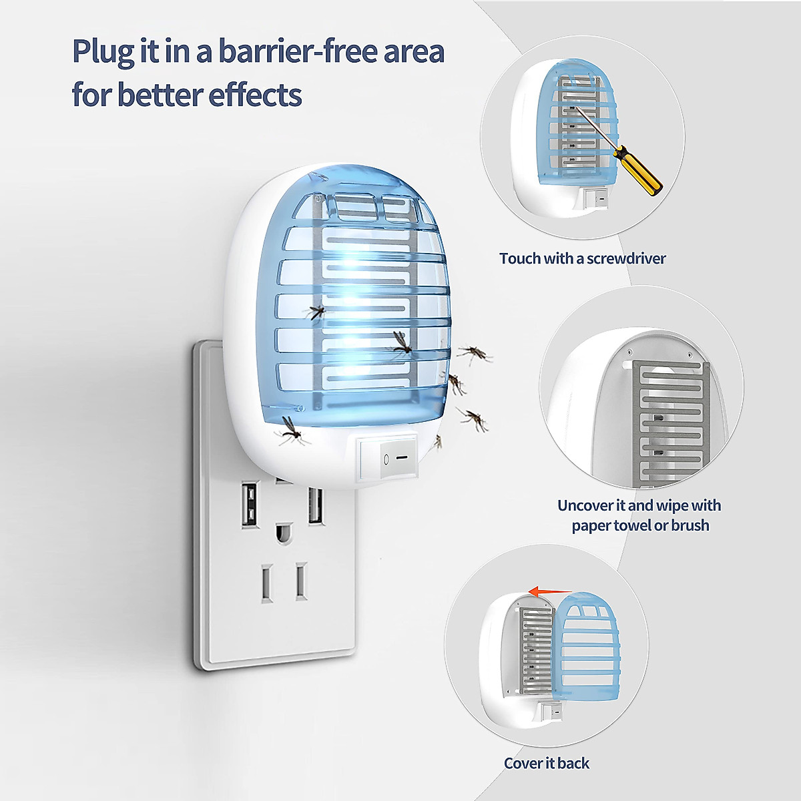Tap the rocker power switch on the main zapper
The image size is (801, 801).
(x=386, y=459)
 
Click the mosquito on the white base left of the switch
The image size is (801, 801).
(x=291, y=431)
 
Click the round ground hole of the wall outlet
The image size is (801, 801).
(x=284, y=533)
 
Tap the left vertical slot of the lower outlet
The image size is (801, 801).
(x=267, y=583)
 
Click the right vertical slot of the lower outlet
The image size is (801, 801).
(x=301, y=581)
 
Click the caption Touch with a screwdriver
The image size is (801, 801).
(x=582, y=258)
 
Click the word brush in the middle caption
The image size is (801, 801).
(x=690, y=525)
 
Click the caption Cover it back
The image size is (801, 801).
(x=546, y=763)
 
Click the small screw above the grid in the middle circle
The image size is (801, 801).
(x=629, y=350)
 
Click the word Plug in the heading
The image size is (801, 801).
(x=102, y=52)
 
